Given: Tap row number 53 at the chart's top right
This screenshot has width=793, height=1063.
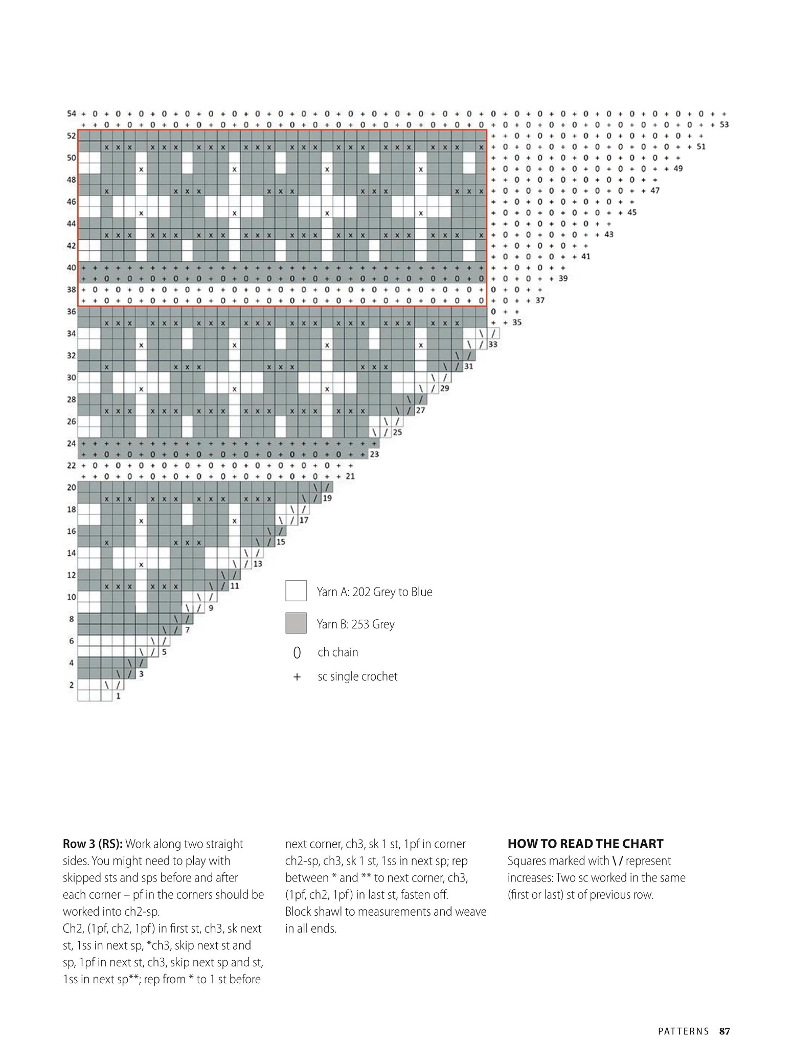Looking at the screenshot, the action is point(724,124).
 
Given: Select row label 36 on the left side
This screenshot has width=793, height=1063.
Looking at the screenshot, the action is point(72,311).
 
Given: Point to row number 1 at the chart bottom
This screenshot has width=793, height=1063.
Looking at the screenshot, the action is point(118,696).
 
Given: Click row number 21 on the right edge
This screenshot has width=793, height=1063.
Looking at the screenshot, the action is point(350,476).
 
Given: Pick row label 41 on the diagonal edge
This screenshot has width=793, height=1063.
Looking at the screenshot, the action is point(585,256).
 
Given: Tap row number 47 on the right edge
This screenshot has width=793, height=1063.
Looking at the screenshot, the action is point(655,190).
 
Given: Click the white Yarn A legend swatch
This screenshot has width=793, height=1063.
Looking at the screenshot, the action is point(296,591).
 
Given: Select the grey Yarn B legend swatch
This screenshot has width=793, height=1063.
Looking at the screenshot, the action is point(296,623).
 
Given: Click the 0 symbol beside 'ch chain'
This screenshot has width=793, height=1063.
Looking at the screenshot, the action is point(297,653).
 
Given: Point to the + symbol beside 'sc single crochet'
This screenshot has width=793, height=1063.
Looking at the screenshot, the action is point(297,677).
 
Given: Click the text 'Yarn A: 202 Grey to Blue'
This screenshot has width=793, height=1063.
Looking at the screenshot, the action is point(374,592).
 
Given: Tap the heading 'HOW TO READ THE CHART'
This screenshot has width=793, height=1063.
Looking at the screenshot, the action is point(585,844).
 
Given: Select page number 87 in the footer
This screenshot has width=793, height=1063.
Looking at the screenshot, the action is point(724,1031).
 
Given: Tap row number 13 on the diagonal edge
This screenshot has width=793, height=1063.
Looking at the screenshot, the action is point(258,563).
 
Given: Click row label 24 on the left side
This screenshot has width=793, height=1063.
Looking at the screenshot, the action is point(72,443).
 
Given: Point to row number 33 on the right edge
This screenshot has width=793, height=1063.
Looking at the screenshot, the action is point(493,344).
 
